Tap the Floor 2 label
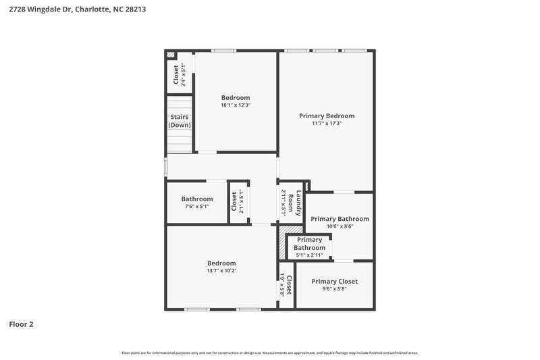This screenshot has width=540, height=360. click(21, 324)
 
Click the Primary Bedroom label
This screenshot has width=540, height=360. click(327, 115)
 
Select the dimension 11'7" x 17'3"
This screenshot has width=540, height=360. click(327, 124)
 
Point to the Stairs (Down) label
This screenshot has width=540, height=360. click(180, 121)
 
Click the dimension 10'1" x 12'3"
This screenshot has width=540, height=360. click(236, 105)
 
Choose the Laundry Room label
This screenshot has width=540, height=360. click(294, 203)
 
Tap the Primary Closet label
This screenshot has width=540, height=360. click(334, 281)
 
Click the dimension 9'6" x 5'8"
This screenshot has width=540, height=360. click(334, 289)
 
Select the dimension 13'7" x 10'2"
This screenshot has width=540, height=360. click(221, 271)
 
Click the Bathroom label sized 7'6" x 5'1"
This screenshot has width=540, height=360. click(197, 199)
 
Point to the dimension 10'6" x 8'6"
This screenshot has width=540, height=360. click(340, 227)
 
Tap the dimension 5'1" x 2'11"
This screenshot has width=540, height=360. click(309, 255)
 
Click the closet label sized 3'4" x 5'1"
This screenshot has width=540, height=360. click(176, 74)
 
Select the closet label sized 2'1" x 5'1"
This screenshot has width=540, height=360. click(234, 202)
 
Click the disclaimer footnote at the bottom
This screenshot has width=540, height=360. click(270, 353)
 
